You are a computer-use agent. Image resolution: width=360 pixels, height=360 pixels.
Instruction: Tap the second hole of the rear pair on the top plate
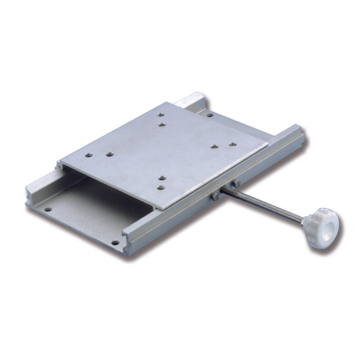(162, 124)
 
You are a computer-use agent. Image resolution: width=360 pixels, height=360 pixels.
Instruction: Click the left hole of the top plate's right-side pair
(214, 147)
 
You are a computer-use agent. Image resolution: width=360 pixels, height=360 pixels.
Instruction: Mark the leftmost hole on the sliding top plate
(88, 155)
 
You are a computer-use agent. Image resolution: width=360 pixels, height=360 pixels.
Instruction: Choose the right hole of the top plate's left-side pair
(108, 154)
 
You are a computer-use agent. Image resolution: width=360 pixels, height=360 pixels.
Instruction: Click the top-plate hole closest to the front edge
(161, 188)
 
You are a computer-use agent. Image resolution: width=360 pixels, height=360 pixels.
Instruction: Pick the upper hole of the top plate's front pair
(162, 178)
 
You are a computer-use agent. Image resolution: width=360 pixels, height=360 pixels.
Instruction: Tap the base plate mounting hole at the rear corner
(210, 115)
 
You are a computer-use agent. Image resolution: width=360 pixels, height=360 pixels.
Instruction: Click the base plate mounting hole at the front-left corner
(47, 209)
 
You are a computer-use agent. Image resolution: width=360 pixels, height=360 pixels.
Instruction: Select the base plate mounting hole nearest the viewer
(115, 242)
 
